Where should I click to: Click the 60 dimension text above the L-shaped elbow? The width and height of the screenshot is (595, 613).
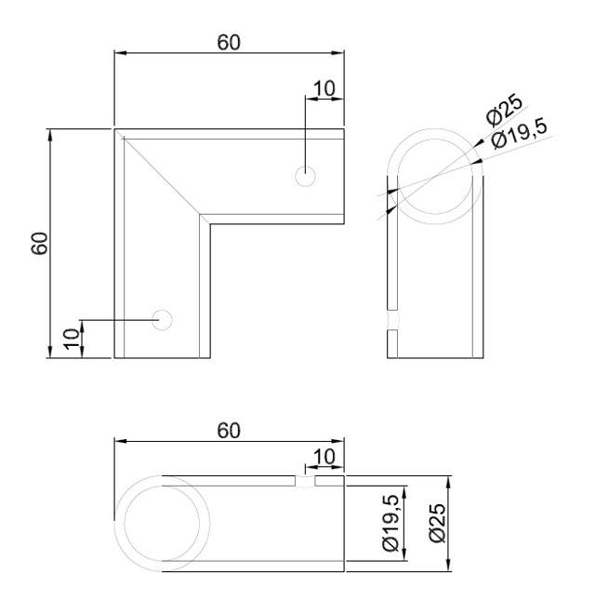tap(229, 43)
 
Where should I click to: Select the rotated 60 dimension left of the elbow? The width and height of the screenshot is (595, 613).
tap(39, 244)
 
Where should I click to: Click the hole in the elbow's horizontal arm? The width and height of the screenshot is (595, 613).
tap(305, 175)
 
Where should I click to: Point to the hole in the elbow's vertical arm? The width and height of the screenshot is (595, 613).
tap(163, 319)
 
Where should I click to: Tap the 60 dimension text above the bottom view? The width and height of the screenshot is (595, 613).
tap(229, 430)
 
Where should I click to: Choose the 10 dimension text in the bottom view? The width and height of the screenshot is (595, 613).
tap(324, 456)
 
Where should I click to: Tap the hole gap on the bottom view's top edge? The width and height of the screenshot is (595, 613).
tap(305, 481)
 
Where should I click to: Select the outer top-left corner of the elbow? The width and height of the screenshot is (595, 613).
tap(115, 129)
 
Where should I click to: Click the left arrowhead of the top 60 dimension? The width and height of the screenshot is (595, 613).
tap(119, 53)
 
